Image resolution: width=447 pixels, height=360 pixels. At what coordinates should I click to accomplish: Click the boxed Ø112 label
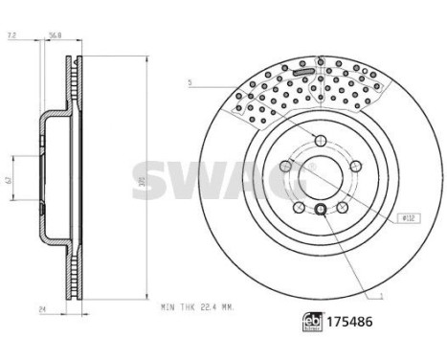408,219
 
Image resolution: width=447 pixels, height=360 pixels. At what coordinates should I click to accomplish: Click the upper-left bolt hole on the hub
285,167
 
